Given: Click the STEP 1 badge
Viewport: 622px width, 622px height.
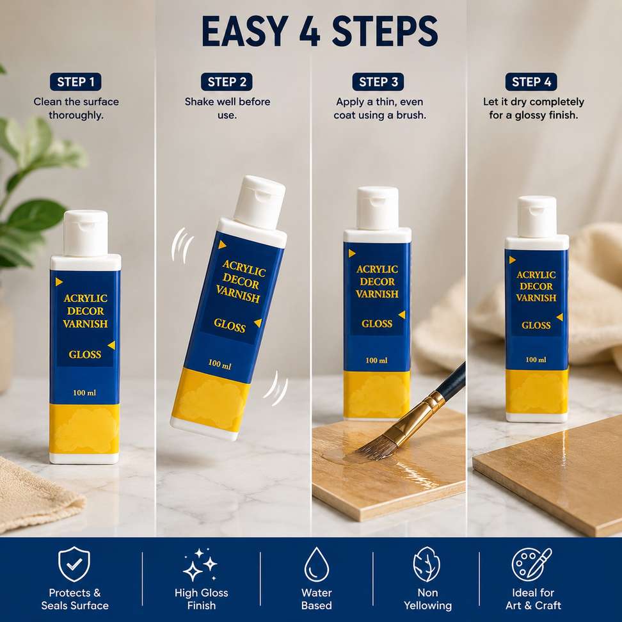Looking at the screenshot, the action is [x=76, y=82].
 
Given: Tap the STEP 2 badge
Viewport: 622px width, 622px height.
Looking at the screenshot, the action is [x=227, y=82].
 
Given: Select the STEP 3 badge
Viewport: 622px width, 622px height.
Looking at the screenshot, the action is [x=378, y=82].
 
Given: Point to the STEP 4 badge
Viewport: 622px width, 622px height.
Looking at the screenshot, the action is [x=531, y=82].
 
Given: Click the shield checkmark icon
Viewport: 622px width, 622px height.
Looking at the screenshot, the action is [x=74, y=564].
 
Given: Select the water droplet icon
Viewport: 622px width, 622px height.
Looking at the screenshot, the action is [x=317, y=564].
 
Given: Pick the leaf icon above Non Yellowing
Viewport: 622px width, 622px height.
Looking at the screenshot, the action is [x=426, y=564].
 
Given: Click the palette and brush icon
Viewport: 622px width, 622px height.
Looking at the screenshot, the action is [x=532, y=564].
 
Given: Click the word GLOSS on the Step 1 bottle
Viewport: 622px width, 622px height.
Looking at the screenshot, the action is [x=85, y=355].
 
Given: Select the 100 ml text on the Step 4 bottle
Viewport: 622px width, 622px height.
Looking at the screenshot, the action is [x=536, y=360].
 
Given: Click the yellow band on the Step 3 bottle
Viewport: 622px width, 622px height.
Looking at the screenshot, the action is [x=376, y=394].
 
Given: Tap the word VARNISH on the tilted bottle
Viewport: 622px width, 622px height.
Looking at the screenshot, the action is [x=238, y=294].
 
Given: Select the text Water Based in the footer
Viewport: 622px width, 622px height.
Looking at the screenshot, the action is [x=316, y=599].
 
